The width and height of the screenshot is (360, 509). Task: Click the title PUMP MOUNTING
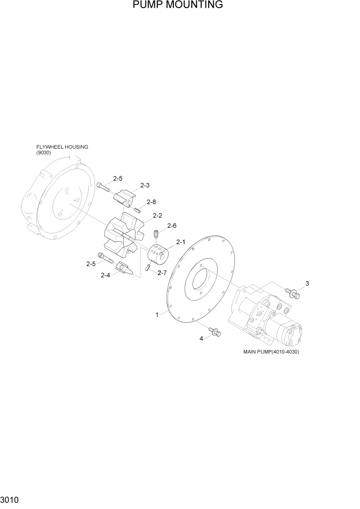(177, 6)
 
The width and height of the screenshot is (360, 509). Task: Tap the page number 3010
(11, 499)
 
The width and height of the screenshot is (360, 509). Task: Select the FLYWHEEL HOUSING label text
(62, 147)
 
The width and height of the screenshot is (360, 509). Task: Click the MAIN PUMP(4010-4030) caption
(271, 352)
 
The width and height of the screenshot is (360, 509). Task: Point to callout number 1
(157, 315)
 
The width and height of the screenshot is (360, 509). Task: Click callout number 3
(307, 284)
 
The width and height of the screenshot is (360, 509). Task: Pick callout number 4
(202, 338)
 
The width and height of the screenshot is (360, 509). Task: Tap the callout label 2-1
(181, 242)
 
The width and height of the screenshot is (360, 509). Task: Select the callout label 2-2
(157, 216)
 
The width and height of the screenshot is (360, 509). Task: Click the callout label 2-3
(145, 185)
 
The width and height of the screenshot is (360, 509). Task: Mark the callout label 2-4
(105, 276)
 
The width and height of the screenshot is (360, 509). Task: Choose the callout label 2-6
(172, 226)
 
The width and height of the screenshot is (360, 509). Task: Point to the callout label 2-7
(163, 273)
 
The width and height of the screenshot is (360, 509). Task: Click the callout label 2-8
(151, 202)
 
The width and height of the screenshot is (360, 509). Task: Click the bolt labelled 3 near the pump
(293, 294)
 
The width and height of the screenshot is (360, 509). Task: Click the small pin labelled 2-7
(148, 267)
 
